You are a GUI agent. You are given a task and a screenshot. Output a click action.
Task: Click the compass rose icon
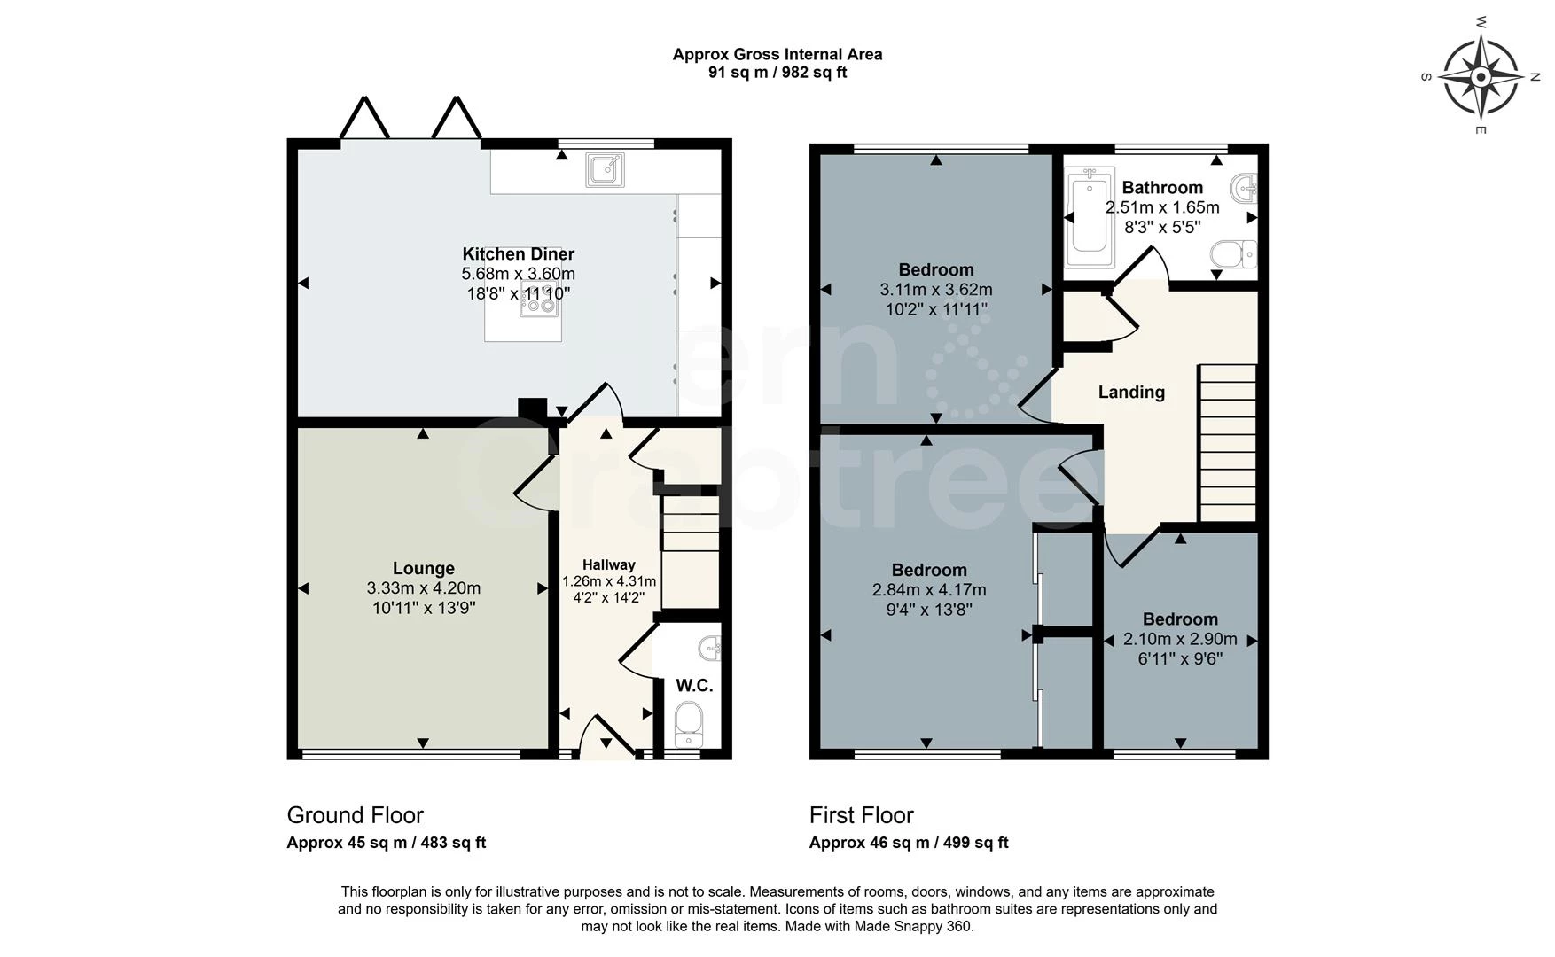point(1481,77)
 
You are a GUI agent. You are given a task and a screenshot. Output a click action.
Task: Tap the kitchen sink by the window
point(605,169)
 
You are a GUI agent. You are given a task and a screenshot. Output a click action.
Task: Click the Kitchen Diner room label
point(519,254)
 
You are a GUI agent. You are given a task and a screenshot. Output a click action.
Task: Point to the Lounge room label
point(424,568)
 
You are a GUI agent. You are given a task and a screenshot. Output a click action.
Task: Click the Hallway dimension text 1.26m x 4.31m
point(609,581)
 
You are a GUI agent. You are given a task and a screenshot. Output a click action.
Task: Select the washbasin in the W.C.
point(711,649)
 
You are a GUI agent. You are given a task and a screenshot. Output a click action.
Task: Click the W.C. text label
point(694,686)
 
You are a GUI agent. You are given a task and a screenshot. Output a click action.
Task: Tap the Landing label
point(1131,392)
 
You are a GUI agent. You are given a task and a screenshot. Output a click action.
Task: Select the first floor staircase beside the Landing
point(1228,443)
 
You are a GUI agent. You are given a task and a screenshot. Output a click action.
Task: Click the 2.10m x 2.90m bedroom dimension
point(1180,639)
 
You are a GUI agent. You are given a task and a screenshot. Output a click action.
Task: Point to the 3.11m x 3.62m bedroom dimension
point(936,290)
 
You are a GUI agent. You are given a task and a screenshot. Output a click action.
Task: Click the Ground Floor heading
point(356,815)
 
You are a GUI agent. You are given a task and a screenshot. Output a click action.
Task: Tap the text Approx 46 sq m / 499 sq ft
point(909,843)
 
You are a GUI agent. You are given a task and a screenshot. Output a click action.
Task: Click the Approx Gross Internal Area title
point(777,54)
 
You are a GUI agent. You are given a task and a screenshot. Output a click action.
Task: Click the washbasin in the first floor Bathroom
point(1245,186)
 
